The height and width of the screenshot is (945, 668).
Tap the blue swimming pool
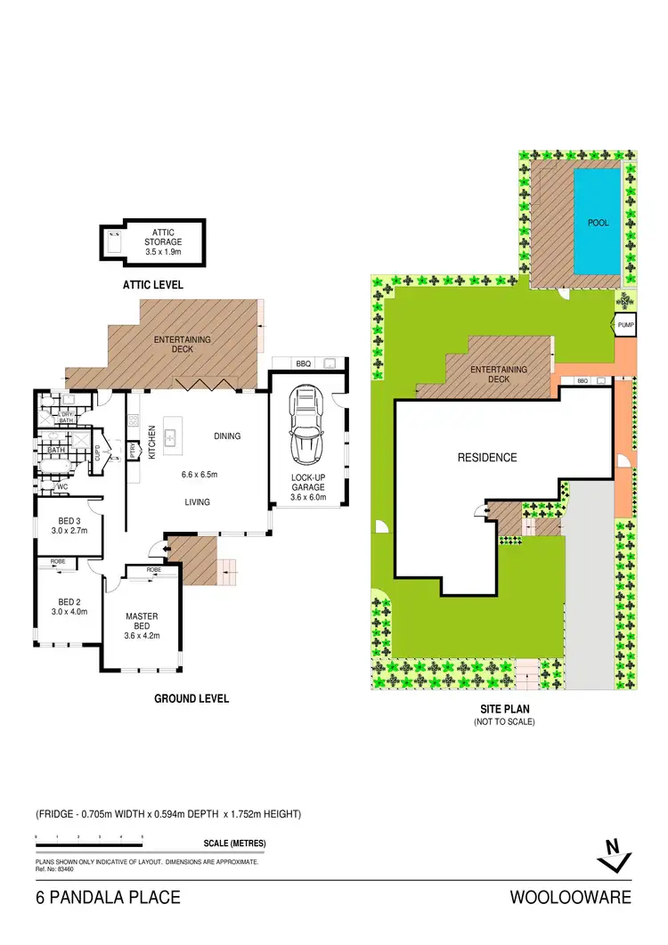(x=597, y=222)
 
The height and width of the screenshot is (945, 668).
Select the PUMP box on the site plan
(x=625, y=327)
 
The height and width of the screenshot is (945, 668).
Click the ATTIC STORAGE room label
(x=162, y=241)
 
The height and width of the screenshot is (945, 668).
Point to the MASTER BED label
(x=142, y=621)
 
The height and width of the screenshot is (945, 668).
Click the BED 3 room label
(x=67, y=525)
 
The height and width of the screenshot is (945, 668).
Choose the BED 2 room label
(x=67, y=606)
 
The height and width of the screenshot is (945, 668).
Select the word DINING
(x=228, y=436)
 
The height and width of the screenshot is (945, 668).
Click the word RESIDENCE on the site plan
(x=487, y=458)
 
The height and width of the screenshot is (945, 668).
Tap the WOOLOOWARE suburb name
(x=570, y=898)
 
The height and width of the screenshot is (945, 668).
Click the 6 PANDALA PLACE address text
(x=108, y=898)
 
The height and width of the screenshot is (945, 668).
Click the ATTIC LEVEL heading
(x=152, y=285)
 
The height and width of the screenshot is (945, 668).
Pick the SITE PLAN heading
(x=503, y=710)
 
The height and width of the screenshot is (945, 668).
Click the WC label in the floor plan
(x=62, y=487)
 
